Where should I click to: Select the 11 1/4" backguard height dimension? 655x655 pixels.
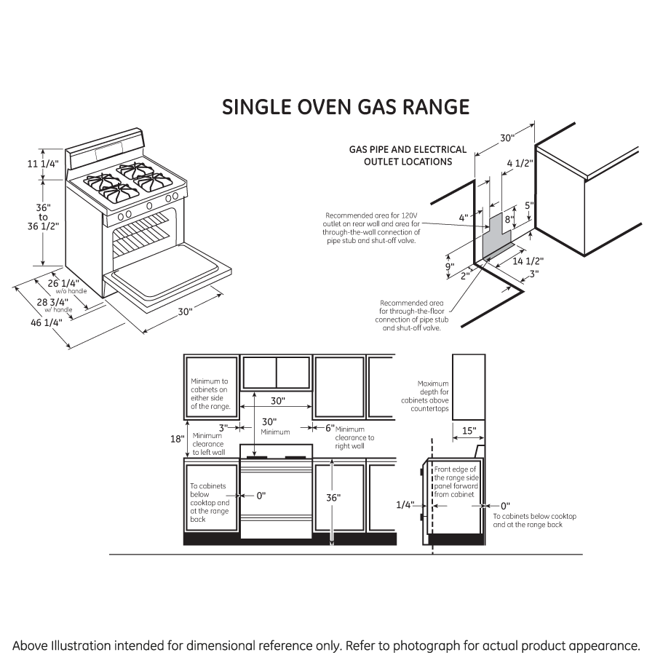point(43,164)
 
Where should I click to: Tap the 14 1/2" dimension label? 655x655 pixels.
point(529,260)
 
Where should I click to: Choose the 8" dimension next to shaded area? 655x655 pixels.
point(509,218)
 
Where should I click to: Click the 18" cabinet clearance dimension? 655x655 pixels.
point(176,439)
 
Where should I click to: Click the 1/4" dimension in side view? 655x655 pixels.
point(405,504)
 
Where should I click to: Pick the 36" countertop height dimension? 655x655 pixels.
point(333,499)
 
